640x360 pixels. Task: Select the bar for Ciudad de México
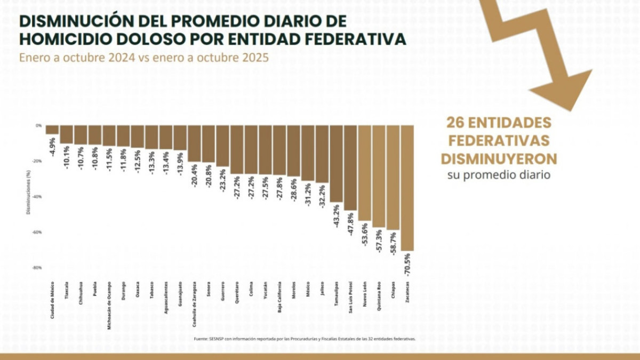point(52,130)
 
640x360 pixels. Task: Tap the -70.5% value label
point(407,265)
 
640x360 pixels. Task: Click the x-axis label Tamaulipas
point(336,293)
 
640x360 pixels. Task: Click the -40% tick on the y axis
point(38,197)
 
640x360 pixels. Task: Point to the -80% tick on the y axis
point(38,268)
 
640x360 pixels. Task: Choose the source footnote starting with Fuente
point(304,338)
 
